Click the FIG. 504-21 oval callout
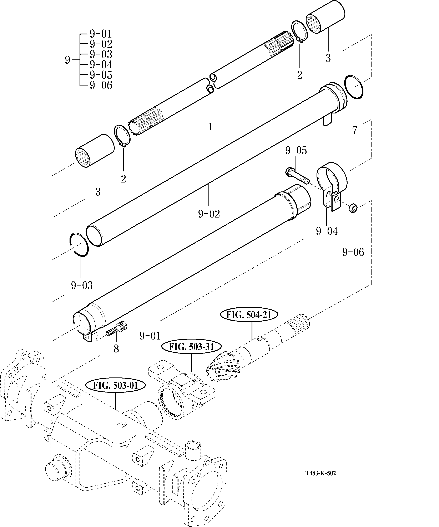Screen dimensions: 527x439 pyautogui.click(x=249, y=315)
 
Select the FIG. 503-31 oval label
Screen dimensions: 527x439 pyautogui.click(x=191, y=347)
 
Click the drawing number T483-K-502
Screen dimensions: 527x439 pyautogui.click(x=321, y=473)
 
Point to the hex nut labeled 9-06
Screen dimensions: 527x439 pyautogui.click(x=353, y=208)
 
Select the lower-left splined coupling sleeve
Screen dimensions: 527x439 pyautogui.click(x=95, y=151)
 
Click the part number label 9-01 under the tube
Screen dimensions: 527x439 pyautogui.click(x=150, y=336)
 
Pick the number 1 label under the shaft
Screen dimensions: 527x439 pyautogui.click(x=211, y=126)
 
